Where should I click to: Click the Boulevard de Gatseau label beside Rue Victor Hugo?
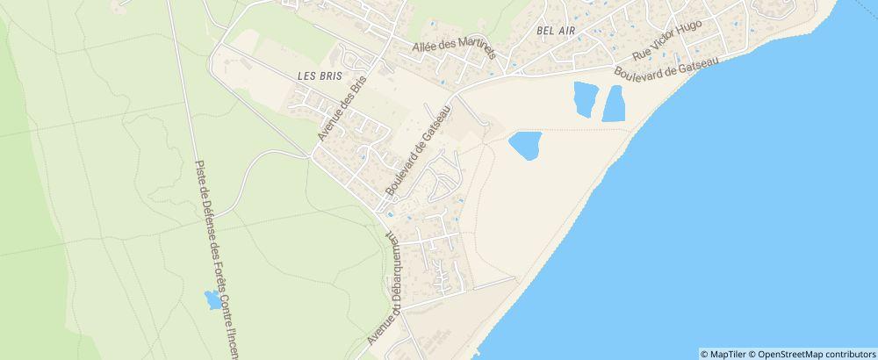click(x=667, y=67)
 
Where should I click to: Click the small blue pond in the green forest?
click(x=212, y=299)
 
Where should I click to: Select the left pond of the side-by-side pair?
click(x=582, y=97)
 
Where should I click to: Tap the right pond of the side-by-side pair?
click(x=614, y=104)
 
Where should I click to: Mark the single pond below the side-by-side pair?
click(x=524, y=145)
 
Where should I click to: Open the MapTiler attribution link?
click(x=726, y=354)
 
